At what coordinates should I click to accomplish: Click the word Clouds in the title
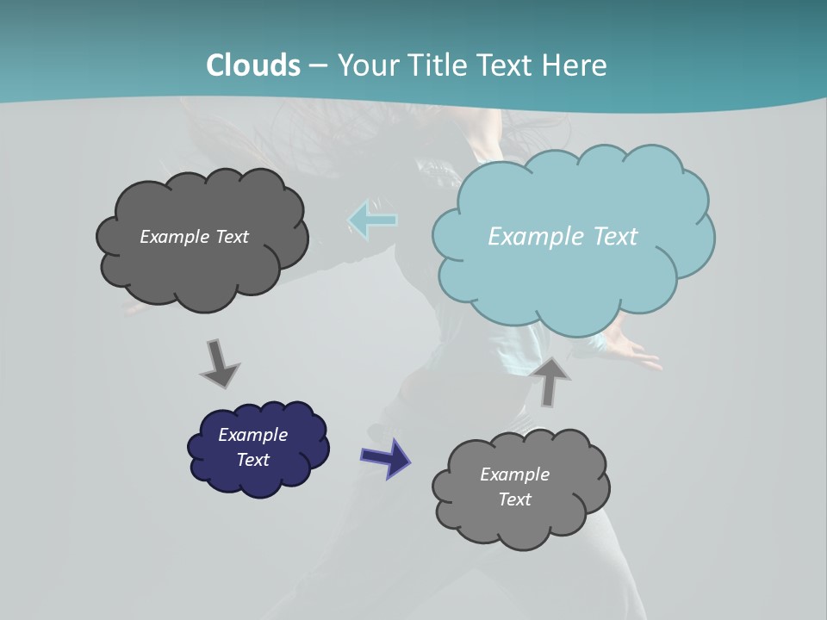[253, 65]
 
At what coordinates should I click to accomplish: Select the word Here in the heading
[575, 65]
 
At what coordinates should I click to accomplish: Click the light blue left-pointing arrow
[372, 220]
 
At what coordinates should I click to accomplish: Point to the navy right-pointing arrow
[385, 457]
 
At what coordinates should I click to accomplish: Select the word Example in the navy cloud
[252, 435]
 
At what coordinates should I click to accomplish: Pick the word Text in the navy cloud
[252, 460]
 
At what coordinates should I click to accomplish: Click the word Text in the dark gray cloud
[232, 237]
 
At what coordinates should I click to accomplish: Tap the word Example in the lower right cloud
[514, 474]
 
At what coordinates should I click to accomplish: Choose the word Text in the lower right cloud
[514, 499]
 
